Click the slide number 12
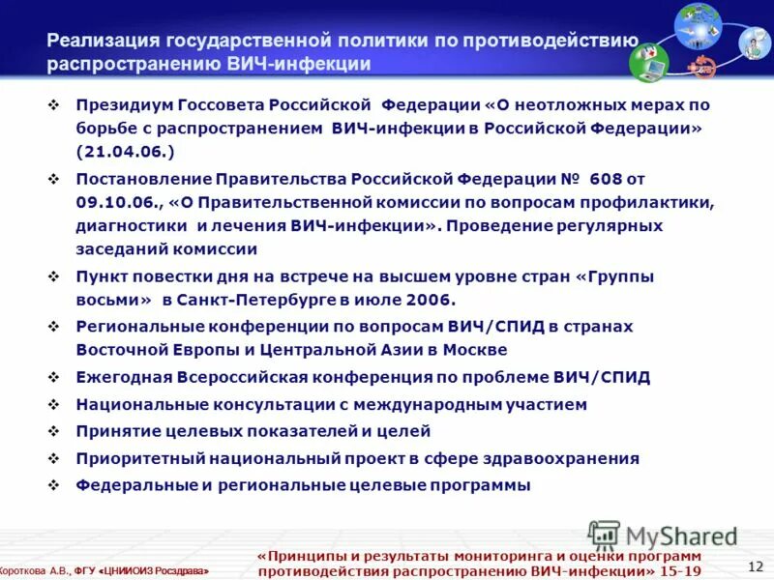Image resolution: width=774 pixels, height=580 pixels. point(756,565)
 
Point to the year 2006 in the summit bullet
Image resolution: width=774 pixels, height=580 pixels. point(431,300)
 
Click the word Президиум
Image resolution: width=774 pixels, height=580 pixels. point(118,103)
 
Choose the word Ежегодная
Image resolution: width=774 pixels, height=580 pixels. point(123,377)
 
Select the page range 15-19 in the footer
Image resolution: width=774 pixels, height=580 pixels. point(681,570)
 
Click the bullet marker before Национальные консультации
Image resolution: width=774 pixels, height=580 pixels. point(54,404)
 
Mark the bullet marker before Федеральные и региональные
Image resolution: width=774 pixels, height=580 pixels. point(54,485)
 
